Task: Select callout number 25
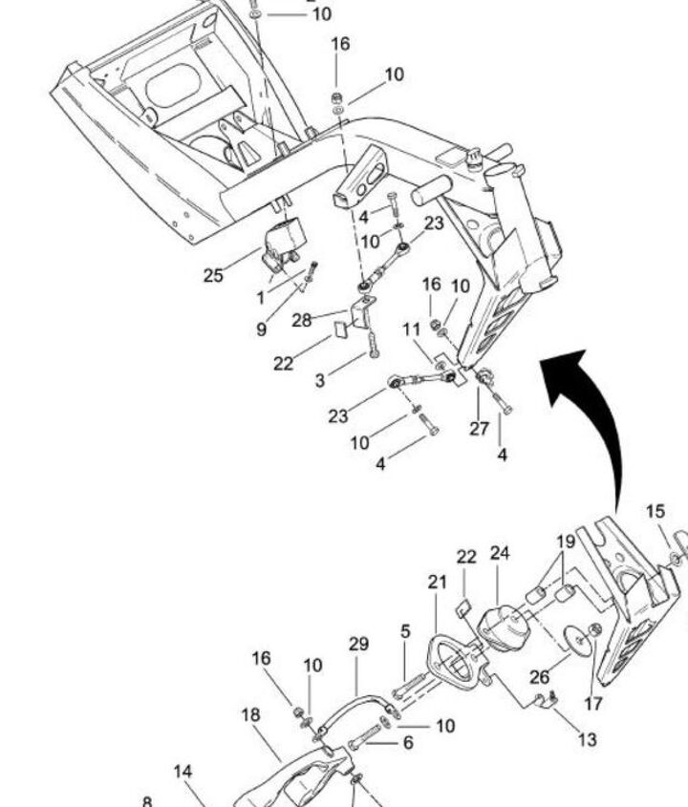coord(213,276)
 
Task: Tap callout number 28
coord(302,320)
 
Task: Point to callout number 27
coord(479,429)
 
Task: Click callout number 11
coord(412,329)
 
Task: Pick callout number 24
coord(501,553)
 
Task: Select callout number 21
coord(438,582)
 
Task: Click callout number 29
coord(358,645)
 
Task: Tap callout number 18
coord(251,715)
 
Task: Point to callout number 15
coord(655,512)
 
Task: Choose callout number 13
coord(587,739)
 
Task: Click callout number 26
coord(540,677)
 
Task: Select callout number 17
coord(593,705)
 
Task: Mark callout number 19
coord(566,542)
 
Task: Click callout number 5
coord(406,631)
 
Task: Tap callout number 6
coord(408,743)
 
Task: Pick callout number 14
coord(183,771)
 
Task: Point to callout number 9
coord(261,329)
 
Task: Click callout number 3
coord(320,379)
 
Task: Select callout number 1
coord(261,298)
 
